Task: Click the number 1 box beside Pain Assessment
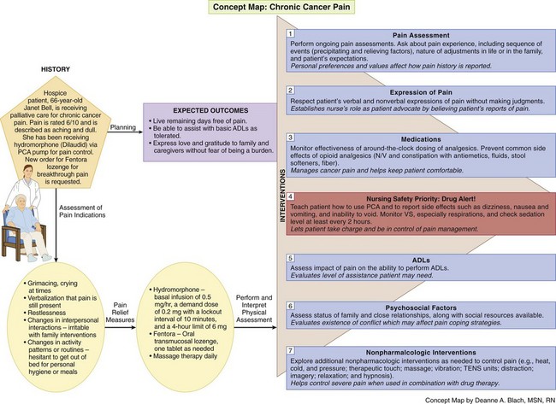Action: (x=290, y=32)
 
